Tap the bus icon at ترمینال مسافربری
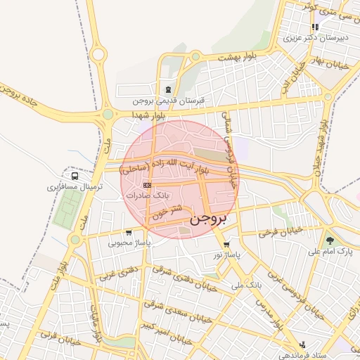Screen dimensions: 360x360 point(75,176)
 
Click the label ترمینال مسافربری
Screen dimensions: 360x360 point(75,187)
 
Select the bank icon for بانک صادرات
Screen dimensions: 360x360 point(146,185)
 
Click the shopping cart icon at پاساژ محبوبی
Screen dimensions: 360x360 point(128,233)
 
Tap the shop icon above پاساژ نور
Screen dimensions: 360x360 point(226,245)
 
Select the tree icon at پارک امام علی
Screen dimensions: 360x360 point(330,240)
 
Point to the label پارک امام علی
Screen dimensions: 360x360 point(330,251)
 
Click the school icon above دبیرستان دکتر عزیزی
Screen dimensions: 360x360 point(315,27)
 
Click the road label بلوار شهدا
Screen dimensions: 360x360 point(148,113)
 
